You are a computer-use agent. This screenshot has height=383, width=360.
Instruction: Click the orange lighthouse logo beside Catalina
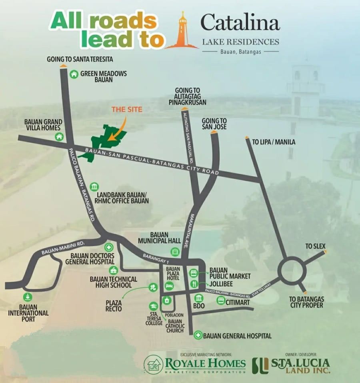(x=182, y=32)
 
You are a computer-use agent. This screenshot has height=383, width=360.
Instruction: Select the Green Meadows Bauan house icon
(x=74, y=74)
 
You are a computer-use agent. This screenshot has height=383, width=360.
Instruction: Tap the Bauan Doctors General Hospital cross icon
(x=108, y=247)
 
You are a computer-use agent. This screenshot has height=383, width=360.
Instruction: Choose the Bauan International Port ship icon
(x=27, y=297)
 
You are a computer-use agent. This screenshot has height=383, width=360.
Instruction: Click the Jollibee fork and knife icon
(x=194, y=284)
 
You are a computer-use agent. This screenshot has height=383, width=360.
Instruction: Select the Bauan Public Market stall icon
(x=194, y=274)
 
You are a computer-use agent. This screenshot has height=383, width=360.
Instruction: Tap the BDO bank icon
(x=199, y=298)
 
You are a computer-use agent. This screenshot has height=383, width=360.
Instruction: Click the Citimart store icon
(x=220, y=301)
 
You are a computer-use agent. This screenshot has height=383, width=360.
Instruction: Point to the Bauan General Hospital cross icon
(x=198, y=335)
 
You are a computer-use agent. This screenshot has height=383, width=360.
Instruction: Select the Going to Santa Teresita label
(x=80, y=59)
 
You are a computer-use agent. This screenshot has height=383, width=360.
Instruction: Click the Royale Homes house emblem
(x=153, y=364)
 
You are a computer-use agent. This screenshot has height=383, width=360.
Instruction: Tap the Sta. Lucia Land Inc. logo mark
(x=260, y=365)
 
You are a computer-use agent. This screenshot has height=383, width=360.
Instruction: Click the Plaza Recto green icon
(x=152, y=287)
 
